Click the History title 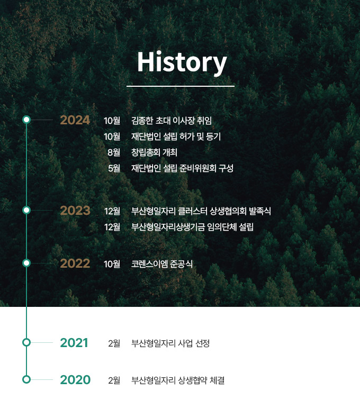[x=182, y=62]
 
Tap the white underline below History [x=181, y=86]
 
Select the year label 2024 [x=75, y=120]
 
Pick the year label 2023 [x=75, y=211]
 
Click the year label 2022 [x=75, y=263]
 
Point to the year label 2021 [x=74, y=343]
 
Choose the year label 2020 [x=75, y=380]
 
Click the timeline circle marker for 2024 [x=26, y=120]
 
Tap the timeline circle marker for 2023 [x=26, y=210]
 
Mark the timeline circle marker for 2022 [x=26, y=263]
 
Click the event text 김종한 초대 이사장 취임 [x=172, y=121]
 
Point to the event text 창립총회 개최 [x=154, y=152]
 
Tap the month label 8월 [x=114, y=152]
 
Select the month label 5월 [x=114, y=168]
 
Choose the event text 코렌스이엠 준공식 [x=162, y=264]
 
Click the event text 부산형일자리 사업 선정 [x=170, y=343]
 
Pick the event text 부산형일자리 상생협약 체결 [x=178, y=380]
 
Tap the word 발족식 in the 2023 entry [x=260, y=211]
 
